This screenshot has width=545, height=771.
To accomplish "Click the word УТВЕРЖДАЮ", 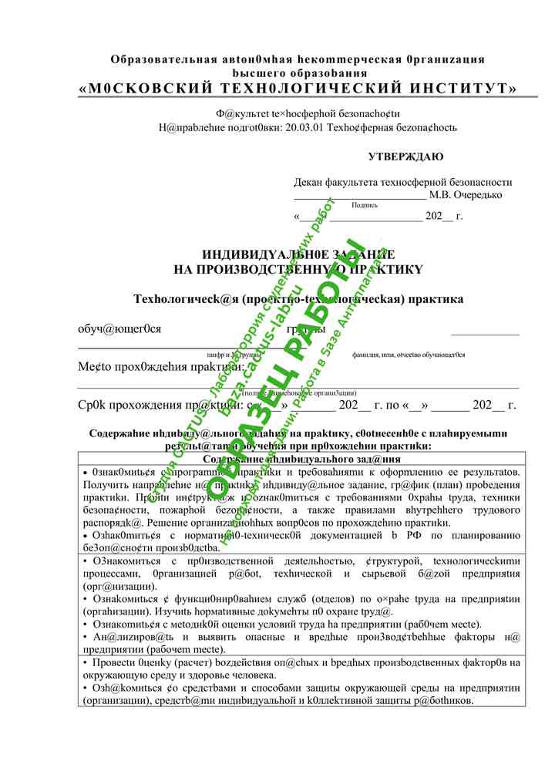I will tap(405, 157).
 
